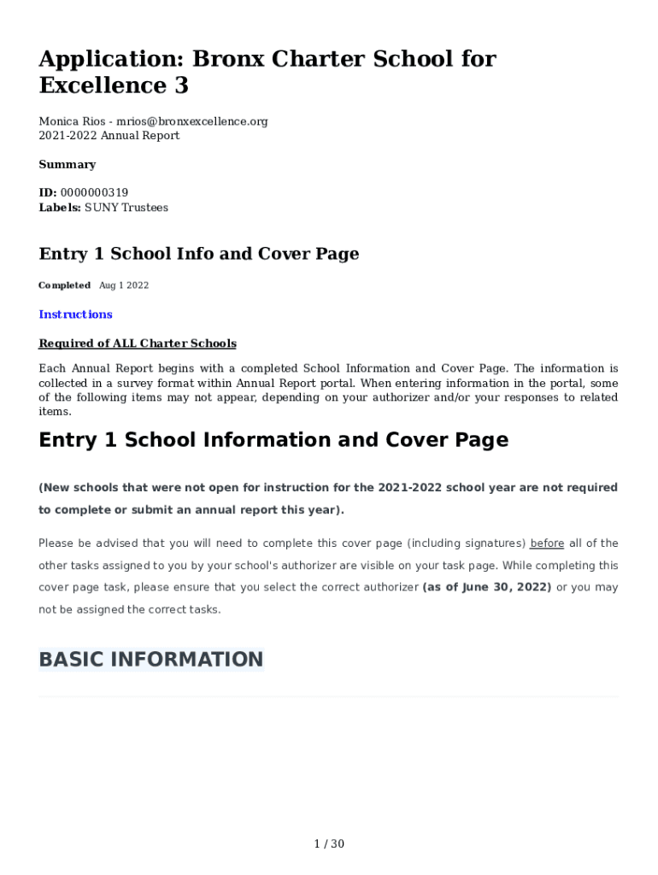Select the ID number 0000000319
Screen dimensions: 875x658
pos(94,193)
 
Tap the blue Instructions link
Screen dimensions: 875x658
pos(75,314)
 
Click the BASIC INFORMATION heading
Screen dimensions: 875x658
pos(151,660)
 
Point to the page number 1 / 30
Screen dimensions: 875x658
pos(329,844)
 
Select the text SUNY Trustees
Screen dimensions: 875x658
pos(126,208)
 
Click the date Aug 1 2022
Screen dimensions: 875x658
pos(124,285)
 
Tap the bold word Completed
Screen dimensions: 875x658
pos(64,285)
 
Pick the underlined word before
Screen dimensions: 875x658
pos(547,543)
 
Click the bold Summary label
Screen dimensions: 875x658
pos(68,164)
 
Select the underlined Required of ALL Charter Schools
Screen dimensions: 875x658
pos(138,344)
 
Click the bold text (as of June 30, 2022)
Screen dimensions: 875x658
pos(487,588)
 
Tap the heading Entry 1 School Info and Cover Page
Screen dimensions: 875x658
pos(199,254)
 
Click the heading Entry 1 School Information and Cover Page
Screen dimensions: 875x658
pos(273,440)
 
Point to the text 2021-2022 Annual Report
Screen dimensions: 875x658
pos(109,136)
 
